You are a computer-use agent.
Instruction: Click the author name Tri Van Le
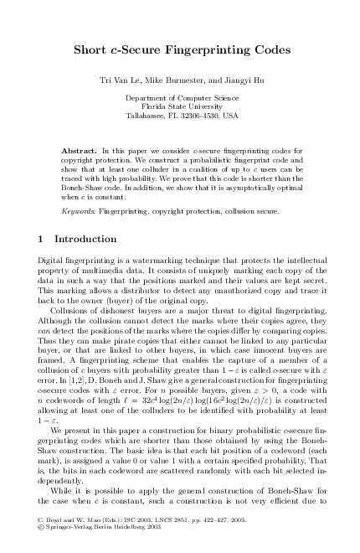[123, 80]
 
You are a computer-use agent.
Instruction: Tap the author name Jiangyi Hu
[238, 80]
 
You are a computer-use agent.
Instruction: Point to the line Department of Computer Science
[182, 98]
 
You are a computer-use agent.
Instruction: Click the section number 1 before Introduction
[43, 239]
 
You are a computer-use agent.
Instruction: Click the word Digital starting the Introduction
[52, 262]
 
